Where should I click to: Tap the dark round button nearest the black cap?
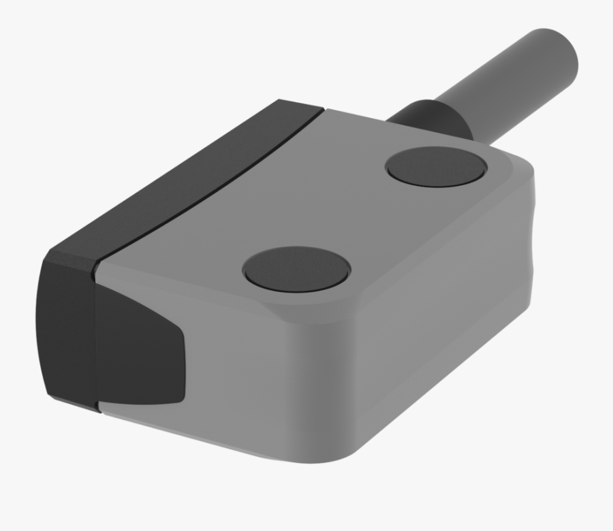(x=296, y=266)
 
